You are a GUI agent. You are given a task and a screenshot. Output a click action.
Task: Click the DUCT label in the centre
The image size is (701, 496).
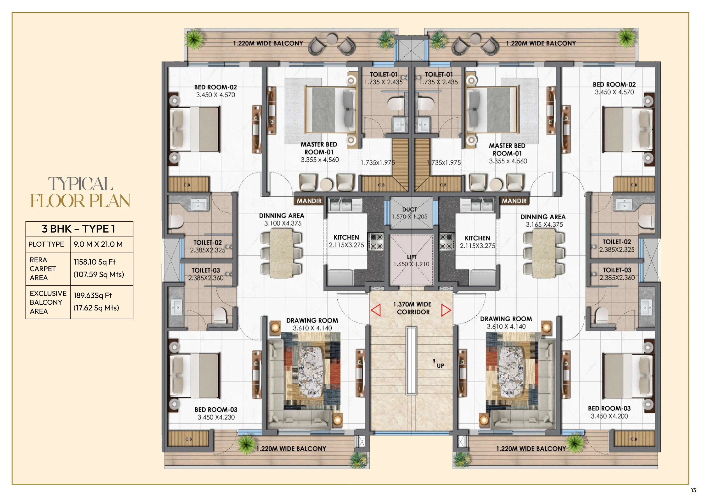[x=409, y=210]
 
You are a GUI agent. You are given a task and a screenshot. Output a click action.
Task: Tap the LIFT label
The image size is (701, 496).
[x=412, y=257]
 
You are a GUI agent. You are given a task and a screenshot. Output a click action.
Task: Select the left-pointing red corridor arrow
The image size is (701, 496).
[x=375, y=310]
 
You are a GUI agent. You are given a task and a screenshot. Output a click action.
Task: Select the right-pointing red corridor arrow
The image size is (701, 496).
[x=446, y=310]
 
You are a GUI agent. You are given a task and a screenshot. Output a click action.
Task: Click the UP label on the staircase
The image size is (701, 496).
[x=440, y=366]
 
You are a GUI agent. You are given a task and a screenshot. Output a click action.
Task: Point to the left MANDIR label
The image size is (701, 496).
[x=309, y=201]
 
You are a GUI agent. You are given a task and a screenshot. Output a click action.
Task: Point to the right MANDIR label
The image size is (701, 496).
[x=514, y=201]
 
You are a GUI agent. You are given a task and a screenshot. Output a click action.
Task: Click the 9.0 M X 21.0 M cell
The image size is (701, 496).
[x=98, y=244]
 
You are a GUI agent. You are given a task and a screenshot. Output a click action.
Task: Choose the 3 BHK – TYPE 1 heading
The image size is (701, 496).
[x=79, y=229]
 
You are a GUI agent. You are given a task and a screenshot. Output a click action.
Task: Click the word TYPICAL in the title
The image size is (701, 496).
[x=80, y=184]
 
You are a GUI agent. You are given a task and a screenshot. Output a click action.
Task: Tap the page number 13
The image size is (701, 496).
[x=693, y=490]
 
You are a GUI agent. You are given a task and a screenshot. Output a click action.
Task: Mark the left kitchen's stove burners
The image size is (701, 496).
[x=377, y=242]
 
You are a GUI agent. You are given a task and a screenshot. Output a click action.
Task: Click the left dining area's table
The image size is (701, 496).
[x=282, y=253]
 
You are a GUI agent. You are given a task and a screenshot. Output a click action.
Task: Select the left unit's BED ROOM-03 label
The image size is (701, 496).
[x=216, y=410]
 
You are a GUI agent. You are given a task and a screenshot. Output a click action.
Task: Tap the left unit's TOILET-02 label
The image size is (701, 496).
[x=207, y=242]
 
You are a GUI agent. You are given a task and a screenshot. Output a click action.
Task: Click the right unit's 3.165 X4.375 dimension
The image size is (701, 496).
[x=544, y=224]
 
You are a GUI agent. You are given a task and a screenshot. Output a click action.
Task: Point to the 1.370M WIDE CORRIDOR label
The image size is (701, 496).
[x=413, y=308]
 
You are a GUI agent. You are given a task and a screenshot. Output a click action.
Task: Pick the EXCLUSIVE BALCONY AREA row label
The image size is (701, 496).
[x=48, y=302]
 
